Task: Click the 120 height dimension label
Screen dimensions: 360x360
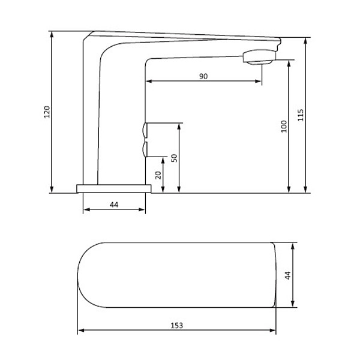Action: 47,112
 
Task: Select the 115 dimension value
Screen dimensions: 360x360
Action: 301,115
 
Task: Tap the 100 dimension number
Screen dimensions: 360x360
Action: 284,126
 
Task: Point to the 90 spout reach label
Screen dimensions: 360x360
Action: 203,76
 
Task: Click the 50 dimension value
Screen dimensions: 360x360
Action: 174,158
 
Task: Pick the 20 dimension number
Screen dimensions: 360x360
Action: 158,175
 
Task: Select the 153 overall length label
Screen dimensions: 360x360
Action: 177,325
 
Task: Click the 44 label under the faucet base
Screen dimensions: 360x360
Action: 114,205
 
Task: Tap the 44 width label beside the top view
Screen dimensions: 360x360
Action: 287,275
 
